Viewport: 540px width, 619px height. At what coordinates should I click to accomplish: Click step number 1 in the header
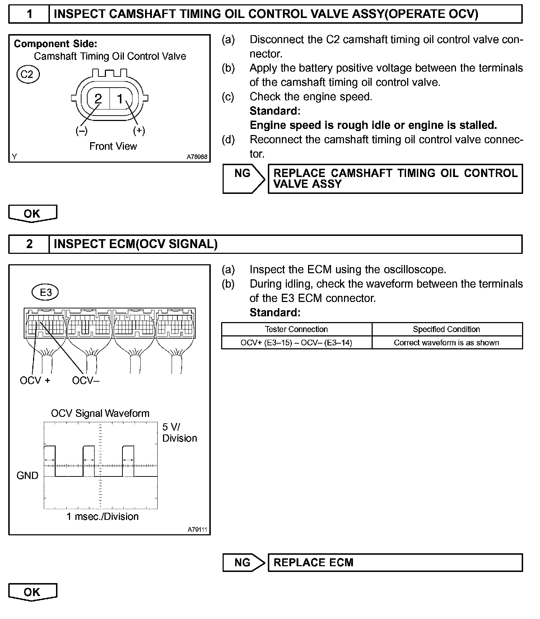(x=29, y=14)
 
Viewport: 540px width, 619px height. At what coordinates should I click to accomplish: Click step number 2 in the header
(x=29, y=244)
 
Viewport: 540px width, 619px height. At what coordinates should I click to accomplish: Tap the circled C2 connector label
(x=27, y=74)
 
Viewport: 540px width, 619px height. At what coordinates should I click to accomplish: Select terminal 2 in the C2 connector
(x=98, y=98)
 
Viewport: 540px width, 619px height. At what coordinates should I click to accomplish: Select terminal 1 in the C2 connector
(x=120, y=98)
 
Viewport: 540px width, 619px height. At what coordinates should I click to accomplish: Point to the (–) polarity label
(x=82, y=131)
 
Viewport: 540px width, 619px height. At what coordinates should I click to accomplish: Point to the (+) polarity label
(x=139, y=131)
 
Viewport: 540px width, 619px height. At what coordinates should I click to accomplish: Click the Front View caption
(x=113, y=146)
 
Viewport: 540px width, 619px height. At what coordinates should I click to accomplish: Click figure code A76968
(x=197, y=157)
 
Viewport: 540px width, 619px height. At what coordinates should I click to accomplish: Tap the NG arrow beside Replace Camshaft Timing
(x=243, y=178)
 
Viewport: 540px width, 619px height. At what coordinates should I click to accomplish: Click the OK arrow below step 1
(x=32, y=214)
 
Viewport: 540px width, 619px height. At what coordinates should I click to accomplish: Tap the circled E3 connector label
(x=46, y=292)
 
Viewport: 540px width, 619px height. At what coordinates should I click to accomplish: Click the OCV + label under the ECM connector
(x=35, y=381)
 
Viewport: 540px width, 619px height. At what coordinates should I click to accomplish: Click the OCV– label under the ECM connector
(x=85, y=381)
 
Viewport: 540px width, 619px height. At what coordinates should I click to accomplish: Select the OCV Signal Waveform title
(x=100, y=413)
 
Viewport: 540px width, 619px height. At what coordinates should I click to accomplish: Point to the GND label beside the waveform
(x=27, y=476)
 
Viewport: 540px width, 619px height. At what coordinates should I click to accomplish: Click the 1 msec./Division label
(x=102, y=517)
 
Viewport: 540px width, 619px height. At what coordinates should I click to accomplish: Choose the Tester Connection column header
(x=296, y=329)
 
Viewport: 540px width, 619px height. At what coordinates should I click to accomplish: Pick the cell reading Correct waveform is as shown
(x=446, y=343)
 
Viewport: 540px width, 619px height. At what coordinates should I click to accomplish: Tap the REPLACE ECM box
(x=395, y=562)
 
